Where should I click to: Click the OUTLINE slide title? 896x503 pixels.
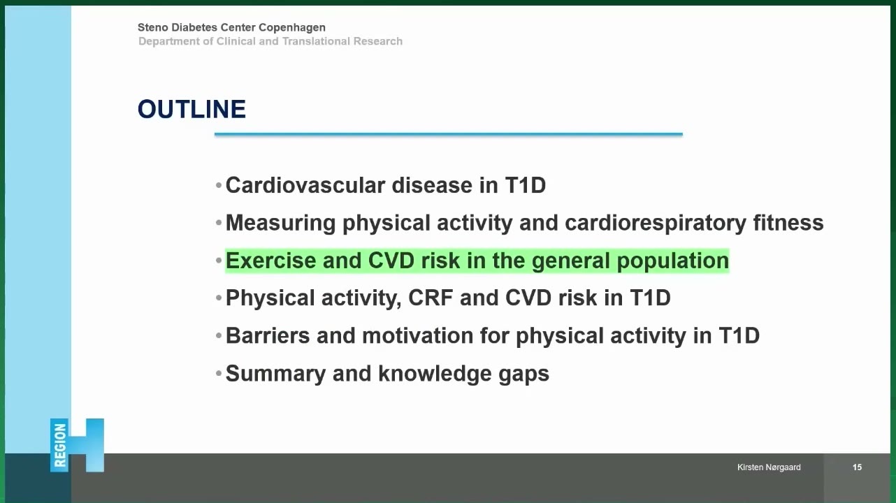pyautogui.click(x=192, y=109)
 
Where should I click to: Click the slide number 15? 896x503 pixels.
pyautogui.click(x=857, y=467)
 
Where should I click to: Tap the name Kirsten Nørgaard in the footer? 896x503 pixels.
pyautogui.click(x=769, y=467)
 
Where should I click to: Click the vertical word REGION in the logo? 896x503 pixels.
pyautogui.click(x=59, y=446)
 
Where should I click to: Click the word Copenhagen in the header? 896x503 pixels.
pyautogui.click(x=292, y=27)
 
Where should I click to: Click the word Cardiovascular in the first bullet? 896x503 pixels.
pyautogui.click(x=305, y=185)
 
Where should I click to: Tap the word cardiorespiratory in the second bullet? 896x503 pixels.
pyautogui.click(x=655, y=223)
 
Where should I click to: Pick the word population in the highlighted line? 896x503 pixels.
pyautogui.click(x=673, y=261)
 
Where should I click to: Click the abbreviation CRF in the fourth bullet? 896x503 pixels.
pyautogui.click(x=431, y=298)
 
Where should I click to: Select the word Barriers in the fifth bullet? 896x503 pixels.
pyautogui.click(x=268, y=335)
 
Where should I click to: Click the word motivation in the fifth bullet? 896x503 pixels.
pyautogui.click(x=418, y=335)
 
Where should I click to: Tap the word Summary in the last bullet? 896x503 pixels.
pyautogui.click(x=275, y=374)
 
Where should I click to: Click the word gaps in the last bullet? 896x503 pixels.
pyautogui.click(x=523, y=374)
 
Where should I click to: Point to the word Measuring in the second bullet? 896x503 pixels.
pyautogui.click(x=280, y=223)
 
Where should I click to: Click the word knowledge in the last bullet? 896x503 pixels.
pyautogui.click(x=435, y=374)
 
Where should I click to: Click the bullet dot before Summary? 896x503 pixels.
pyautogui.click(x=218, y=374)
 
